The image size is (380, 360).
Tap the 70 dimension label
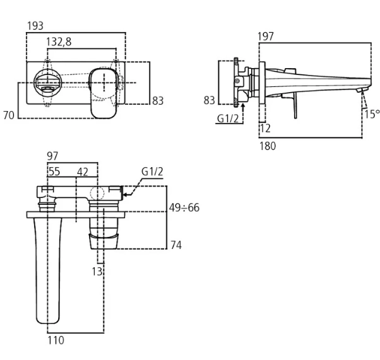coord(9,115)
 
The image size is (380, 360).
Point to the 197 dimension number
coord(266,37)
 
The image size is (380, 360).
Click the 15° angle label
coord(372,114)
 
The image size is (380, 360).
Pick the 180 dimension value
coord(268,146)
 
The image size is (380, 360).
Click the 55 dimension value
coord(55,171)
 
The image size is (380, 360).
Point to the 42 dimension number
coord(83,171)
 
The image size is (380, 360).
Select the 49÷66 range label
coord(184,207)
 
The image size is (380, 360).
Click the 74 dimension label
coord(176,245)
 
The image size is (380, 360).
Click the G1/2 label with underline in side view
coord(228,119)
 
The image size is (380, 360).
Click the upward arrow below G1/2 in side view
coord(244,110)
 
